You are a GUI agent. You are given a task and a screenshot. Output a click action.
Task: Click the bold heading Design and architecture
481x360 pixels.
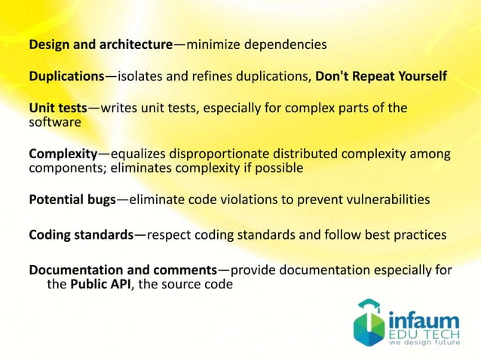(x=101, y=44)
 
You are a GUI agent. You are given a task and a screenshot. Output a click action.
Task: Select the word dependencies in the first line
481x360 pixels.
(x=287, y=44)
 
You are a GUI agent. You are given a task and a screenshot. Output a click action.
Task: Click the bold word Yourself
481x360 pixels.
(x=420, y=77)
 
